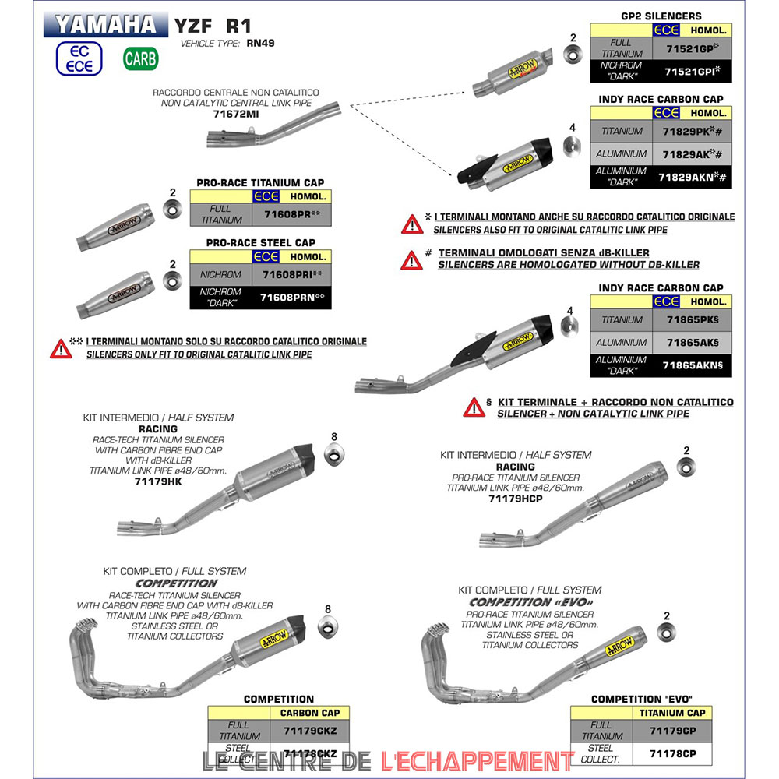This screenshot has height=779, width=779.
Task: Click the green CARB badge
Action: coord(140,58)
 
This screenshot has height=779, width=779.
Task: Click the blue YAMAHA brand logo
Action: coord(105,24)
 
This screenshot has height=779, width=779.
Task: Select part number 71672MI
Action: coord(235,114)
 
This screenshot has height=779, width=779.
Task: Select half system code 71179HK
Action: coord(157,482)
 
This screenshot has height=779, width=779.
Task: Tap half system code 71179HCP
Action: coord(516,499)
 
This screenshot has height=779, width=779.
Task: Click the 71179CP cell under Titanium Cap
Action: coord(673,730)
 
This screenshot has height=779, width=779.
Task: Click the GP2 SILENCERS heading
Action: coord(661,16)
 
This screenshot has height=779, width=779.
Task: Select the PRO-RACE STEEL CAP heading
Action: coord(260,243)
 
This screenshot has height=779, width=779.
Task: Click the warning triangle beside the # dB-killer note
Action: coord(411,259)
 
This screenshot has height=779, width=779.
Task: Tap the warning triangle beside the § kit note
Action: coord(474,407)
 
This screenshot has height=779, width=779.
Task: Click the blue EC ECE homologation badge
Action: coord(79,58)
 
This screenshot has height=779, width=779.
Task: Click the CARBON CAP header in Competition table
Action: coord(309,712)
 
